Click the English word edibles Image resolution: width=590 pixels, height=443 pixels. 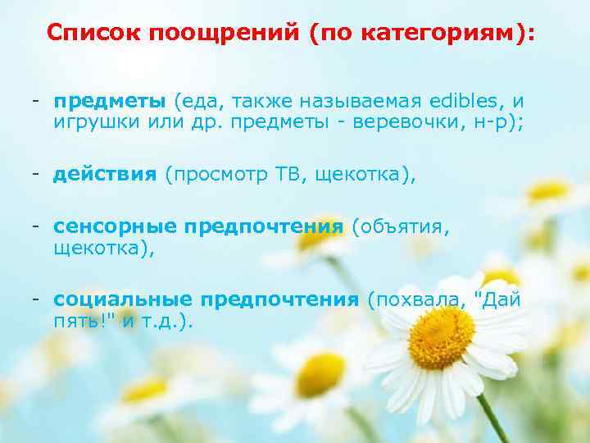[x=465, y=102]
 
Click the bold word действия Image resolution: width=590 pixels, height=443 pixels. [x=105, y=174]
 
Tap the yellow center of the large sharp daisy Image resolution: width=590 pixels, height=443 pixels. [x=441, y=337]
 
